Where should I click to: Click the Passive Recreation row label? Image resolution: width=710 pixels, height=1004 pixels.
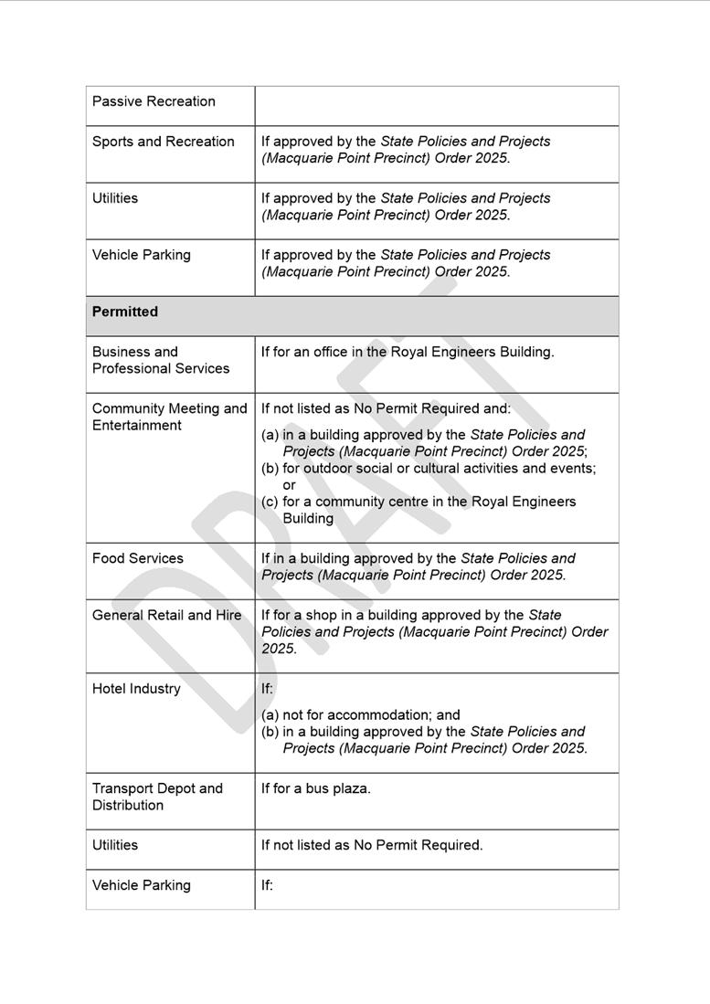tap(154, 101)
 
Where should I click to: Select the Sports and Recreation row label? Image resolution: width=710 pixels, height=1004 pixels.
tap(163, 142)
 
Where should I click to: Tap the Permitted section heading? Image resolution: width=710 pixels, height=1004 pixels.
tap(125, 312)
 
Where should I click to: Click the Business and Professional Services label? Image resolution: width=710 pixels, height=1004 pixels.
tap(161, 360)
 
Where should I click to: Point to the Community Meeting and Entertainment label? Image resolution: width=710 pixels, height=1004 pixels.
tap(169, 417)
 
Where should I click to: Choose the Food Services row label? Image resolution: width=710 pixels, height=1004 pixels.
tap(138, 558)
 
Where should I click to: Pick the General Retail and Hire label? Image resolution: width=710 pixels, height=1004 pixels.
tap(166, 615)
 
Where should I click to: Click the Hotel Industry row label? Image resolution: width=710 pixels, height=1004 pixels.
tap(136, 689)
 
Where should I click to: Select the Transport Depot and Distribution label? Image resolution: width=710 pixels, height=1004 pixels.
tap(157, 797)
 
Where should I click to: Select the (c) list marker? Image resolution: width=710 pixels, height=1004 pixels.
tap(270, 502)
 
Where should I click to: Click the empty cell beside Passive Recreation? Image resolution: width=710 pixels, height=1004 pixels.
tap(436, 106)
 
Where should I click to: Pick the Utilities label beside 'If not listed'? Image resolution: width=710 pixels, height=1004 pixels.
tap(115, 845)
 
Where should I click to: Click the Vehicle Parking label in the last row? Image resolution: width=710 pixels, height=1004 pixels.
tap(142, 885)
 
